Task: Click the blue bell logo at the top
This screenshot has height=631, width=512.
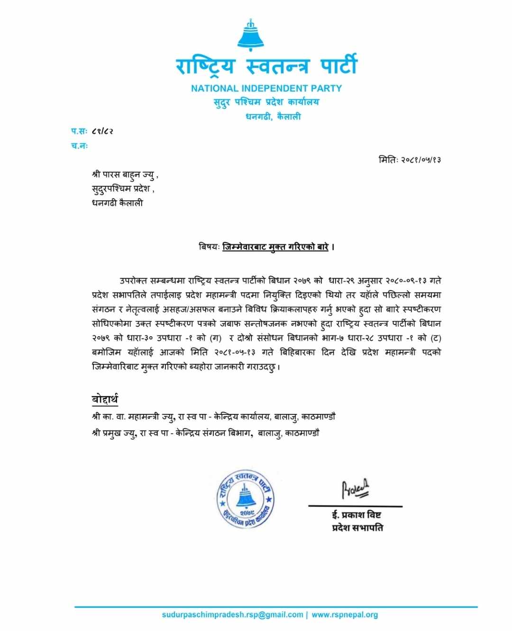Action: pos(251,35)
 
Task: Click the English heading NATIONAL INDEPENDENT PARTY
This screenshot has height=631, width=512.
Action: pos(266,88)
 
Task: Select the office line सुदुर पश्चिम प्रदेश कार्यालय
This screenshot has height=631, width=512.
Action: pos(266,102)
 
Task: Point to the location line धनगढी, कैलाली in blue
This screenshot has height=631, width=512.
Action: pos(273,116)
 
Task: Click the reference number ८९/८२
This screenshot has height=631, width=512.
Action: pos(102,131)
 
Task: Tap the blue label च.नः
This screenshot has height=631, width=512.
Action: pos(80,146)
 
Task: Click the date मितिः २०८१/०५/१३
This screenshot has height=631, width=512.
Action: pos(410,160)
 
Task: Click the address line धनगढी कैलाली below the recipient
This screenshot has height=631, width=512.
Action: pos(117,203)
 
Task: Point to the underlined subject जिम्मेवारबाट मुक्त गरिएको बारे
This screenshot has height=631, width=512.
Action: pos(275,247)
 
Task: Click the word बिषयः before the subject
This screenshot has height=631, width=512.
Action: pos(209,247)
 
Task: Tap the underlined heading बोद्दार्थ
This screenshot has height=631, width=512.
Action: pos(105,399)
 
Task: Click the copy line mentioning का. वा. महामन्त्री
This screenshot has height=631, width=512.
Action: pos(213,417)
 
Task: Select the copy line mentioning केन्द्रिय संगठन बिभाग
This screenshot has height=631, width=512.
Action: pos(205,433)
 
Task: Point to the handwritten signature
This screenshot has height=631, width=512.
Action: pos(355,489)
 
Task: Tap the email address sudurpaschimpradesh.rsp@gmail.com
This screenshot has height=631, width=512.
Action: pos(232,614)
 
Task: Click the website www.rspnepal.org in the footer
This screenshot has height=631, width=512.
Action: pos(345,614)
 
